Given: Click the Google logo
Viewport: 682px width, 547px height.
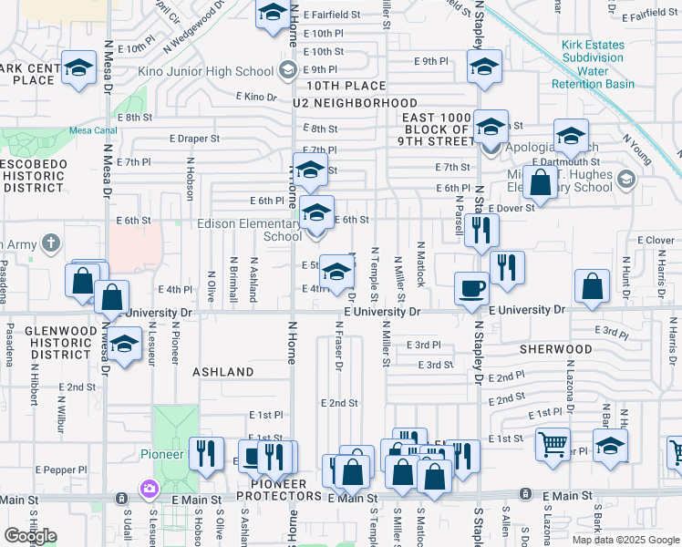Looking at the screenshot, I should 31,536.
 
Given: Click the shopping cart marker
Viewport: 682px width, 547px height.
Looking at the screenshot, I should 553,445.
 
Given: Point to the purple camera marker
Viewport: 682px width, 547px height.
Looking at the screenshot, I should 148,490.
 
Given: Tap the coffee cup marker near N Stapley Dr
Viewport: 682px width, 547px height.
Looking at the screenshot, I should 471,288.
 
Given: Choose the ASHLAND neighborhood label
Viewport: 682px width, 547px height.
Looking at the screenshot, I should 223,372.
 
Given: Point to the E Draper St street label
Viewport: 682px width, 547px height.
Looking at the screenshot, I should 194,139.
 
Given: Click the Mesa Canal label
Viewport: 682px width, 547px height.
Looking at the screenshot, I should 92,130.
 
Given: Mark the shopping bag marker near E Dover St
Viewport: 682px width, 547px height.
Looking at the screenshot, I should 541,181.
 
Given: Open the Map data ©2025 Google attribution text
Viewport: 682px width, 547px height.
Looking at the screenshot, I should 625,539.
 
